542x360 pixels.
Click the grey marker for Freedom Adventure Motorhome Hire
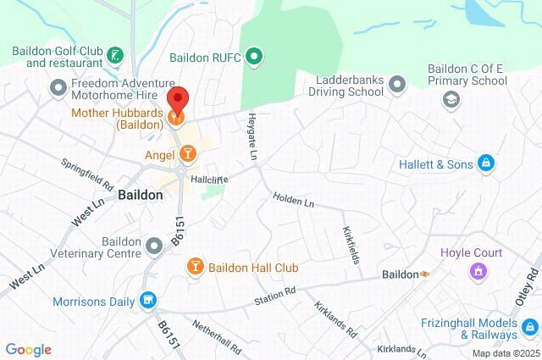point(58,86)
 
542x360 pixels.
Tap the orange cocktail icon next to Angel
point(188,153)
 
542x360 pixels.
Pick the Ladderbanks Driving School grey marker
point(397,84)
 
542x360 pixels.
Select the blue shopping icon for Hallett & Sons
point(485,163)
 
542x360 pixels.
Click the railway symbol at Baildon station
point(426,274)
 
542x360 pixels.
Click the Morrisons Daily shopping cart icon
point(149,300)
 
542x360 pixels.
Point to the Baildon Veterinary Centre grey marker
point(154,246)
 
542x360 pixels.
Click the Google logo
point(28,350)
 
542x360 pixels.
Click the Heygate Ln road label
point(252,136)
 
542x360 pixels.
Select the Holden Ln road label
point(293,201)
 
